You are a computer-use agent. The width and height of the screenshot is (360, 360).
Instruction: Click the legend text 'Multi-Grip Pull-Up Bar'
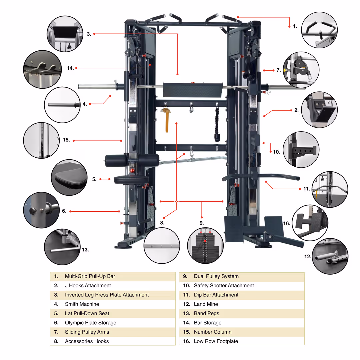click(x=90, y=276)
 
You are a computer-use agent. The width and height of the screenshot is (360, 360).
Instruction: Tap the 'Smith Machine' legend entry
click(x=82, y=304)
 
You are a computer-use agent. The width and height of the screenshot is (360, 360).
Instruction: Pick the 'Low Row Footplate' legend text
click(x=216, y=341)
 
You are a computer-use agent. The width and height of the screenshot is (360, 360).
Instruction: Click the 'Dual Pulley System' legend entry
click(x=216, y=276)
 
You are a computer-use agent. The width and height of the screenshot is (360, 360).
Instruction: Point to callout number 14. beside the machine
click(x=70, y=68)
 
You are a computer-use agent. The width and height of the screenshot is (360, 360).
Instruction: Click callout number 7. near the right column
click(x=279, y=70)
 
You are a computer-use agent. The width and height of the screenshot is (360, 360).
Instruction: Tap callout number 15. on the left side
click(x=66, y=140)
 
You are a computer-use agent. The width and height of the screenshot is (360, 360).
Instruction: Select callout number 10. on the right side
click(x=276, y=151)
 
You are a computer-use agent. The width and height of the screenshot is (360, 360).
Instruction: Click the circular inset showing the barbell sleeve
click(x=62, y=105)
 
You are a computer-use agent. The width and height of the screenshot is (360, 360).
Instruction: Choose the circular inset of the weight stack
click(x=205, y=246)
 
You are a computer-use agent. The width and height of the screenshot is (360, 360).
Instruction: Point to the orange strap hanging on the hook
click(x=166, y=120)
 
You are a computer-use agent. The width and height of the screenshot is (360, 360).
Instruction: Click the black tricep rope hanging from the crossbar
click(x=217, y=124)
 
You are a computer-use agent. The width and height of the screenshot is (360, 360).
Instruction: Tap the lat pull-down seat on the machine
click(x=131, y=180)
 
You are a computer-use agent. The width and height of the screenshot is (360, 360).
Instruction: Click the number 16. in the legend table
click(x=187, y=341)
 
